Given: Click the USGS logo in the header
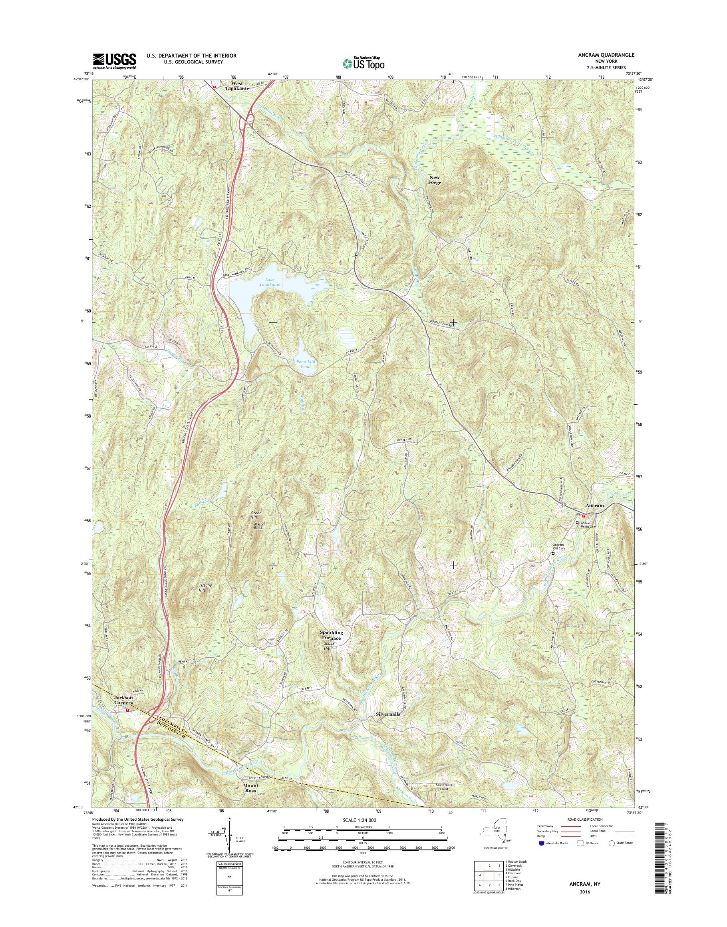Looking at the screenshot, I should coord(115,61).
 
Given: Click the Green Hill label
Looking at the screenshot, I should coord(256,516).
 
